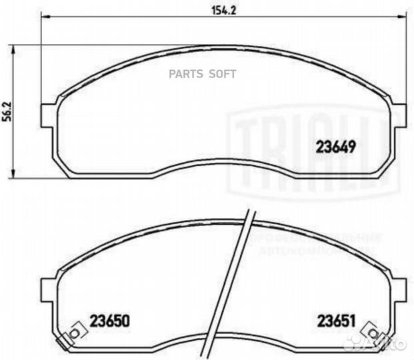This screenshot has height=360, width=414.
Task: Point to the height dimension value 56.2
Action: tap(8, 111)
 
